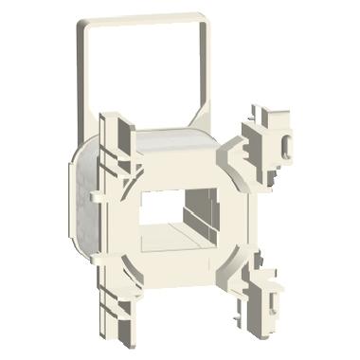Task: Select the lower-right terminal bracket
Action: click(268, 283)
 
